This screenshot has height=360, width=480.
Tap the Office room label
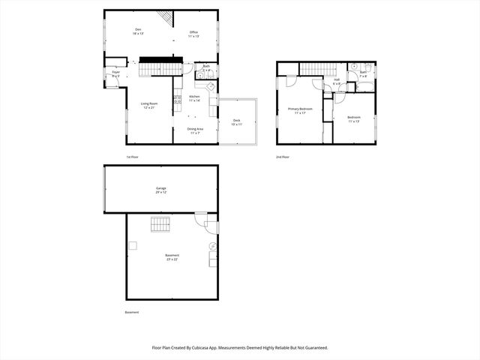(x=193, y=34)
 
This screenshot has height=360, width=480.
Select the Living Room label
(x=148, y=106)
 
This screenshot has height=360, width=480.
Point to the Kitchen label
(x=194, y=98)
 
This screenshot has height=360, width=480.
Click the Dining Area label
(x=195, y=130)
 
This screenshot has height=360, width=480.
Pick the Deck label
(x=237, y=121)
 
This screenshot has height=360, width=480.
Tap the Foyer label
(x=115, y=73)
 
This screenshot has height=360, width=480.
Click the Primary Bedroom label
(x=300, y=111)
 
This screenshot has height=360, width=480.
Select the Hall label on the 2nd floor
(x=337, y=81)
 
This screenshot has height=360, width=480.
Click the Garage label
(x=161, y=189)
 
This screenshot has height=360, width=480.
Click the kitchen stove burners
(x=178, y=98)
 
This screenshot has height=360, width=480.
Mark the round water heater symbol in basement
(x=212, y=246)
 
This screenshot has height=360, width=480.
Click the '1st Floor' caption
(x=132, y=157)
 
